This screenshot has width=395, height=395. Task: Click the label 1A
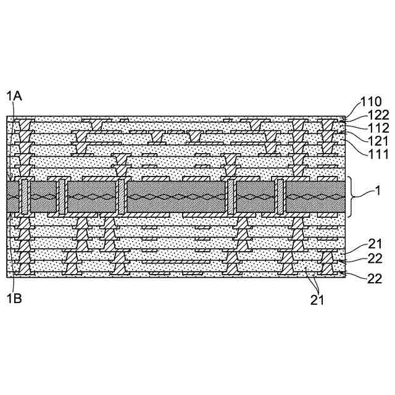(14, 96)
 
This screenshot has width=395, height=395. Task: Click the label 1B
(14, 298)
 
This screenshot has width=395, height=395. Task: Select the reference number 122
(378, 115)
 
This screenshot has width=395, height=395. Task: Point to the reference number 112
(378, 128)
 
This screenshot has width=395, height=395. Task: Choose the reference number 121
(378, 141)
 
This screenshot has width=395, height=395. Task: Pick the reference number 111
(378, 154)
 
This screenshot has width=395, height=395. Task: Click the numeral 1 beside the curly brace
(377, 193)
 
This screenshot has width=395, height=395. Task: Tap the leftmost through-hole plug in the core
(25, 197)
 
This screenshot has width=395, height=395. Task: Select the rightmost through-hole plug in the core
(280, 197)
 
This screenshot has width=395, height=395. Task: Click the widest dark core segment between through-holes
(176, 197)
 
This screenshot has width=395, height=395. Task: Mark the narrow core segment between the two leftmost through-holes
(43, 197)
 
